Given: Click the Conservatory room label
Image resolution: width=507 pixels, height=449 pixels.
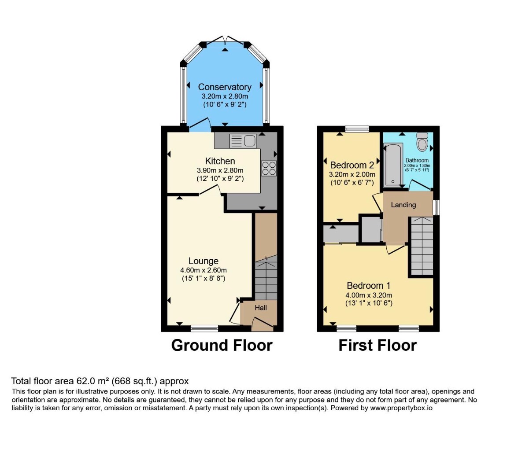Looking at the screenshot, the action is coord(225,87).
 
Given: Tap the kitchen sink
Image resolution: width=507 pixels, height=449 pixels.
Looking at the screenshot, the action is coord(243,141).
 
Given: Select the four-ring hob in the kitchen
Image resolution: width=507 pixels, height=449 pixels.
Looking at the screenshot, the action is coord(269,168).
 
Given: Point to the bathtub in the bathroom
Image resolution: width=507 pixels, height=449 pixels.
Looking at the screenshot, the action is coord(393,165).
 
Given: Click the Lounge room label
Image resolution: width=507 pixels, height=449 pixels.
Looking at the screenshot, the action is coord(204,261).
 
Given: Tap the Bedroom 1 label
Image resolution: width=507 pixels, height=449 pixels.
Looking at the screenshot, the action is coord(369,286).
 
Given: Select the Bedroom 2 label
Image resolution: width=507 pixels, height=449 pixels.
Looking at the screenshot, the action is coord(352,166).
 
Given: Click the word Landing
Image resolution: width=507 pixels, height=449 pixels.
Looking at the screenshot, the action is coord(403,205).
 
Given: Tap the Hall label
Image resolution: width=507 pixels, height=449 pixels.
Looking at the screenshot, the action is coord(261,308).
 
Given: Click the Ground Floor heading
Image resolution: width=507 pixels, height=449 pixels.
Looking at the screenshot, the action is coord(222,345).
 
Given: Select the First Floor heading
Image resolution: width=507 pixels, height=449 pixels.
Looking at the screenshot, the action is coord(377,345).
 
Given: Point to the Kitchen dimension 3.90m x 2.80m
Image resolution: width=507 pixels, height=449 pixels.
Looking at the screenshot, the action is coord(220,170).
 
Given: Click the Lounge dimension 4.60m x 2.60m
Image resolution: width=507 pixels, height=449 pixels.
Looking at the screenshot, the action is coord(204,270).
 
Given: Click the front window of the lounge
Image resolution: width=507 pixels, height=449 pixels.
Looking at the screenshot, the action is coord(204,328).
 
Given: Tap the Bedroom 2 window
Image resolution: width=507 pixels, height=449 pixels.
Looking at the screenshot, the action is coord(357,129).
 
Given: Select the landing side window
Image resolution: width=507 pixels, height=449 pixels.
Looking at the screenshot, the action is coord(436,207).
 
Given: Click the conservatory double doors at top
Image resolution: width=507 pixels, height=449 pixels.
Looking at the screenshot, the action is coord(225,40).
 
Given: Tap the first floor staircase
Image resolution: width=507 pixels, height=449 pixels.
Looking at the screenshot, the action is coord(422,246).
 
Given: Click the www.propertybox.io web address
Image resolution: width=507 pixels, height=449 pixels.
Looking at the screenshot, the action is coord(401,408).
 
